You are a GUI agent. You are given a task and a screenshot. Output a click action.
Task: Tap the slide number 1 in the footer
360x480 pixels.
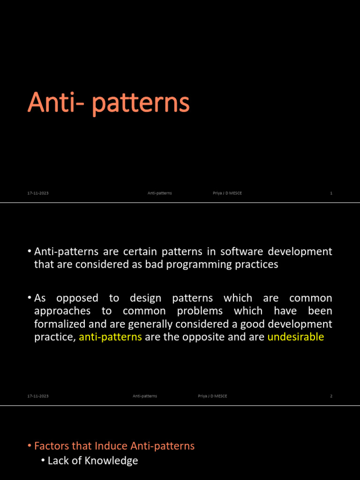tap(331, 193)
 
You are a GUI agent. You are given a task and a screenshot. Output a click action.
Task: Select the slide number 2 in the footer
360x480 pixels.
tap(331, 396)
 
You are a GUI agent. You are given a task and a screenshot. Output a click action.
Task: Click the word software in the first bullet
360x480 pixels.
tap(241, 251)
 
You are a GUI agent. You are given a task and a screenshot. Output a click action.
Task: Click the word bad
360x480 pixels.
tap(154, 264)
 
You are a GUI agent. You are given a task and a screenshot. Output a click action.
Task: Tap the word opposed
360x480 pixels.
tap(77, 298)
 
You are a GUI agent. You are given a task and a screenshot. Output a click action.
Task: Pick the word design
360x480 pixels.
tap(145, 298)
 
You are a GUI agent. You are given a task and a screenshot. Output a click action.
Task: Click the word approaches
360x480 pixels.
tap(62, 311)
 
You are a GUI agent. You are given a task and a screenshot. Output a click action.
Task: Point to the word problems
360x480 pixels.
tap(200, 311)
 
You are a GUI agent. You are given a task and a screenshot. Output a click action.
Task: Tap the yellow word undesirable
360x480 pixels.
tap(296, 337)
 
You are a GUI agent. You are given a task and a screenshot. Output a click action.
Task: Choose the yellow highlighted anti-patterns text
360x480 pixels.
tap(110, 337)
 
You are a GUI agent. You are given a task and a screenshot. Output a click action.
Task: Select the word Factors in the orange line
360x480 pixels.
tap(52, 446)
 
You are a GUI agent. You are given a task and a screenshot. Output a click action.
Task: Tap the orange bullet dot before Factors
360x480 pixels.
tap(30, 446)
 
